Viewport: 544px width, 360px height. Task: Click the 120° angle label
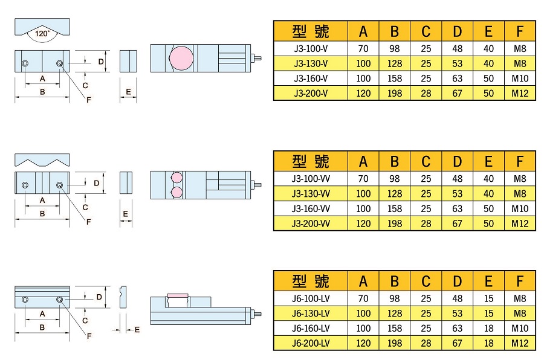point(42,34)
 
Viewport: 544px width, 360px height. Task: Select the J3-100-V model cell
point(311,49)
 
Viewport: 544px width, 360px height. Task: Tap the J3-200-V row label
point(311,93)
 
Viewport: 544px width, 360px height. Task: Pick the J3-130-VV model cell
point(311,194)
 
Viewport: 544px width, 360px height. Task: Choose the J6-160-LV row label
point(311,328)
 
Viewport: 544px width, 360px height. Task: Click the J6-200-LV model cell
point(311,342)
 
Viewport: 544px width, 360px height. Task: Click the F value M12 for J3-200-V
point(520,93)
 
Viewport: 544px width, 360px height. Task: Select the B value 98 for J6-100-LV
point(395,298)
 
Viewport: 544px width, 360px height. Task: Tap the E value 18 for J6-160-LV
point(488,328)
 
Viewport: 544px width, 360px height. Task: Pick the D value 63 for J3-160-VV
point(457,208)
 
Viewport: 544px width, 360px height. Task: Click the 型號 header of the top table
point(311,31)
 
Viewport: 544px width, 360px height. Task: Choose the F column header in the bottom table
point(520,281)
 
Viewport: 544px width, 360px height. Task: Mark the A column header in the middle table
point(363,161)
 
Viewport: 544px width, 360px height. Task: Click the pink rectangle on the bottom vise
point(178,295)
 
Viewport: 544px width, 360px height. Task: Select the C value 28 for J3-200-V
point(426,93)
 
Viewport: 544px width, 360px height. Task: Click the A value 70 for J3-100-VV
point(363,179)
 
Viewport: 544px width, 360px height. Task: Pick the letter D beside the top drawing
point(101,62)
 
